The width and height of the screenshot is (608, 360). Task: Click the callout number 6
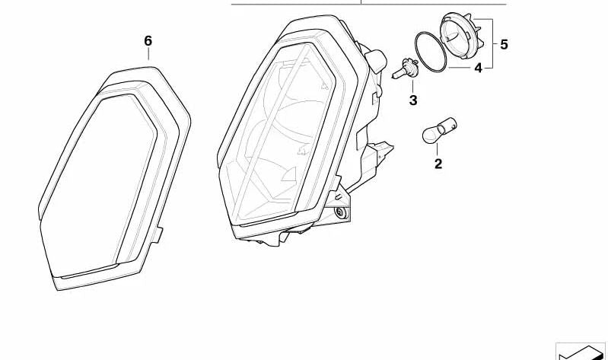coord(148,40)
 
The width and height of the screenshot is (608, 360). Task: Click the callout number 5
coord(504,44)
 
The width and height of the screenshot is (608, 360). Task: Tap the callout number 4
coord(478,68)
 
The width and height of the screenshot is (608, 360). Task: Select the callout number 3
coord(413,100)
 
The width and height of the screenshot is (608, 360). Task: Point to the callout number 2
coord(438,163)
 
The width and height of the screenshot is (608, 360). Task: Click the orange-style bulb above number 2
coord(438,133)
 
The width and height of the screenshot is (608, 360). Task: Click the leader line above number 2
coord(438,151)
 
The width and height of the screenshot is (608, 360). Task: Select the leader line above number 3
coord(412,86)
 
